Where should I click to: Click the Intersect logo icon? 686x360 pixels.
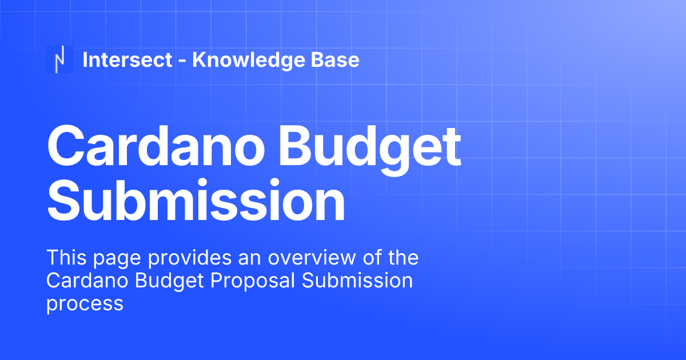(59, 59)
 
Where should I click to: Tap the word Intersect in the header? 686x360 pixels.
(127, 59)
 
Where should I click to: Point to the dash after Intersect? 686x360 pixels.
(182, 61)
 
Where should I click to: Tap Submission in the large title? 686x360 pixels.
(196, 200)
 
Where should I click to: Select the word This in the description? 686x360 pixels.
(65, 258)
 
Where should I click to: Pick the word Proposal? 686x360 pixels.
(246, 281)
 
